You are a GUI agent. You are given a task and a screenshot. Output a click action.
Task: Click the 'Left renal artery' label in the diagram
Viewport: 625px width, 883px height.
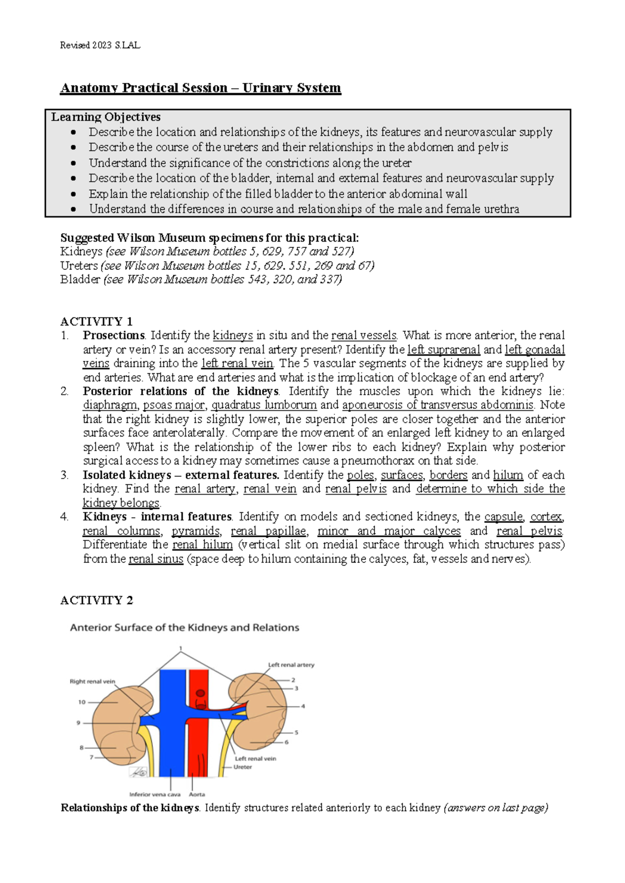point(291,665)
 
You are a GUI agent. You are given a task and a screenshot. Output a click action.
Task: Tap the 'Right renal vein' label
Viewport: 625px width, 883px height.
point(92,682)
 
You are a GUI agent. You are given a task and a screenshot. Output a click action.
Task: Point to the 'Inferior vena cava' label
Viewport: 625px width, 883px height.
point(155,794)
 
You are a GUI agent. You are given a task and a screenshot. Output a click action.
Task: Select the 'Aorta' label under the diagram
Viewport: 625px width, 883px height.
point(197,794)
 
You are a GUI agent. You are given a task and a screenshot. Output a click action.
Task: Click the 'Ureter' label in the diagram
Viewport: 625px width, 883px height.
point(243,767)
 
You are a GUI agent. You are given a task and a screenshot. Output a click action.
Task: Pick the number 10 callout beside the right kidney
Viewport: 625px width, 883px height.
point(82,702)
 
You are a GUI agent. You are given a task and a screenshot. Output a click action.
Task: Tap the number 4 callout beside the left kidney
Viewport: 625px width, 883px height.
point(303,707)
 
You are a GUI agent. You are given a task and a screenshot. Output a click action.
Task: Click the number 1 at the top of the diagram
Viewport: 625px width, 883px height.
point(181,648)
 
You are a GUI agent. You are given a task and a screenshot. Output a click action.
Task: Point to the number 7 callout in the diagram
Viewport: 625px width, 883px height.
point(91,758)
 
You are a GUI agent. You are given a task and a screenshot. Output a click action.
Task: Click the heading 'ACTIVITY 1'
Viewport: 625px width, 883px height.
point(96,321)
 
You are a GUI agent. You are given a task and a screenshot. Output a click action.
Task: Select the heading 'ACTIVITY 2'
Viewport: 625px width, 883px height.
point(96,600)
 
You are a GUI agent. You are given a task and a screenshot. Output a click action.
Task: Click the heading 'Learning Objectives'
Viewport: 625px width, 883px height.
point(106,117)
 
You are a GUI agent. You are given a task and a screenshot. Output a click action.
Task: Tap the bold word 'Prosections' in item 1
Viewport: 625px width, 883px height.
point(114,335)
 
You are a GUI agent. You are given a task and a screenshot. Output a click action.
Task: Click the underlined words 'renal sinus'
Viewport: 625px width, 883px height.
point(156,559)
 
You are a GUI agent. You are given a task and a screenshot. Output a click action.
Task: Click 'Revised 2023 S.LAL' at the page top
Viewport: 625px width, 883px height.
point(100,45)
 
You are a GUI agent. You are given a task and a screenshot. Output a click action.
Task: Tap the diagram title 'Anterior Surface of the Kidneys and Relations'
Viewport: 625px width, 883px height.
point(184,628)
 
